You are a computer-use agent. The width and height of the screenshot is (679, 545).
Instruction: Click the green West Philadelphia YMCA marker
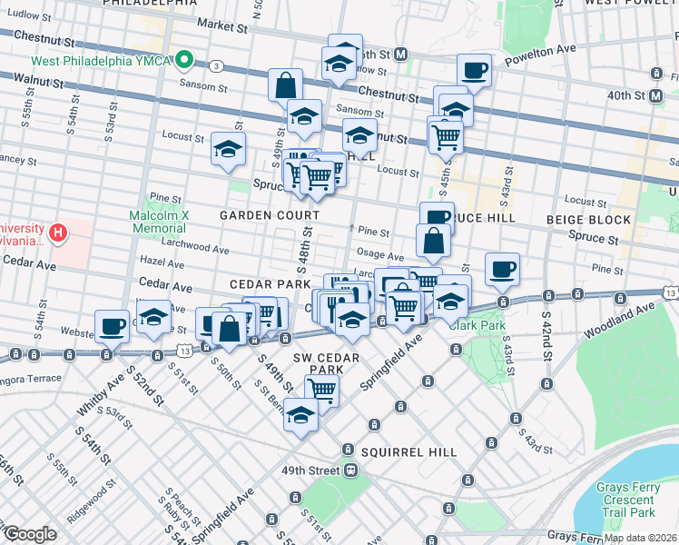184,61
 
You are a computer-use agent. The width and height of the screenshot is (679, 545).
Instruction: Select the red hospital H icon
59,233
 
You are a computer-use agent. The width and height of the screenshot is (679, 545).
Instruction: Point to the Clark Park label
477,325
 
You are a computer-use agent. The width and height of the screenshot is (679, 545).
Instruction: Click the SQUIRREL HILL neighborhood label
401,451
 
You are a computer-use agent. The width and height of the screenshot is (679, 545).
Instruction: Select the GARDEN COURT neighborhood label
270,215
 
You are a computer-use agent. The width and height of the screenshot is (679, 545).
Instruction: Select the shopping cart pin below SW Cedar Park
322,390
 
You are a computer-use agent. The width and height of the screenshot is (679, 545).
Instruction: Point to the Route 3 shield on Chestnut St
216,66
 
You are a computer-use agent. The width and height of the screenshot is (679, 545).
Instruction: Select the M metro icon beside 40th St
655,95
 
